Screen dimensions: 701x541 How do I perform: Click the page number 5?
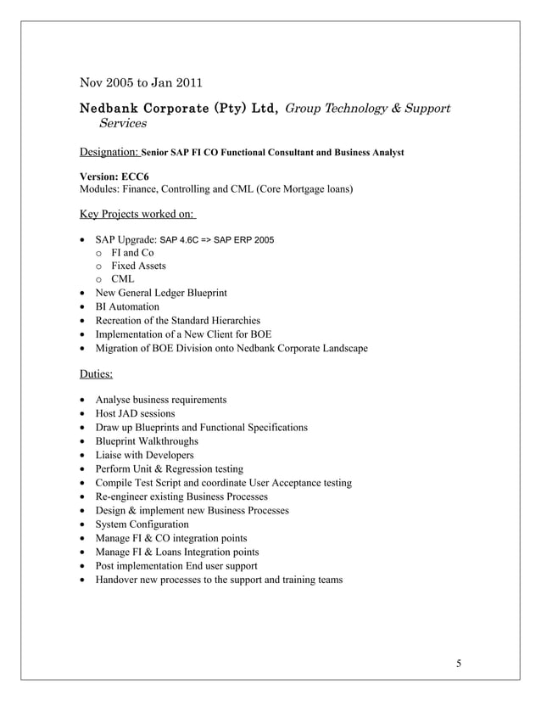click(459, 664)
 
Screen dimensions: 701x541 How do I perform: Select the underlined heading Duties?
click(96, 373)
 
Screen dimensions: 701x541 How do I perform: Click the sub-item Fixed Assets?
click(138, 266)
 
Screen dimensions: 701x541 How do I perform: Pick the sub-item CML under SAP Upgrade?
click(123, 279)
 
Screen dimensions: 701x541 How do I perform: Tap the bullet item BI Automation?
click(127, 306)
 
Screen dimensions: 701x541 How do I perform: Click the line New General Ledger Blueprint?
click(161, 293)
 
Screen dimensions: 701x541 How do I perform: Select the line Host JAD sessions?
click(136, 413)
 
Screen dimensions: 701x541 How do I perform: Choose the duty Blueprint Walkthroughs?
click(147, 441)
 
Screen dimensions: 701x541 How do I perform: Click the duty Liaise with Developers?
click(145, 455)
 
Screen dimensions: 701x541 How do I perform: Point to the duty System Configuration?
click(142, 524)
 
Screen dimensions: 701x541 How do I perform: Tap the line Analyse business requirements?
click(161, 400)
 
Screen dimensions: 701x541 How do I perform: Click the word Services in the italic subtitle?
click(123, 124)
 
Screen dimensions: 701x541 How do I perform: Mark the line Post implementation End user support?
click(176, 566)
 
